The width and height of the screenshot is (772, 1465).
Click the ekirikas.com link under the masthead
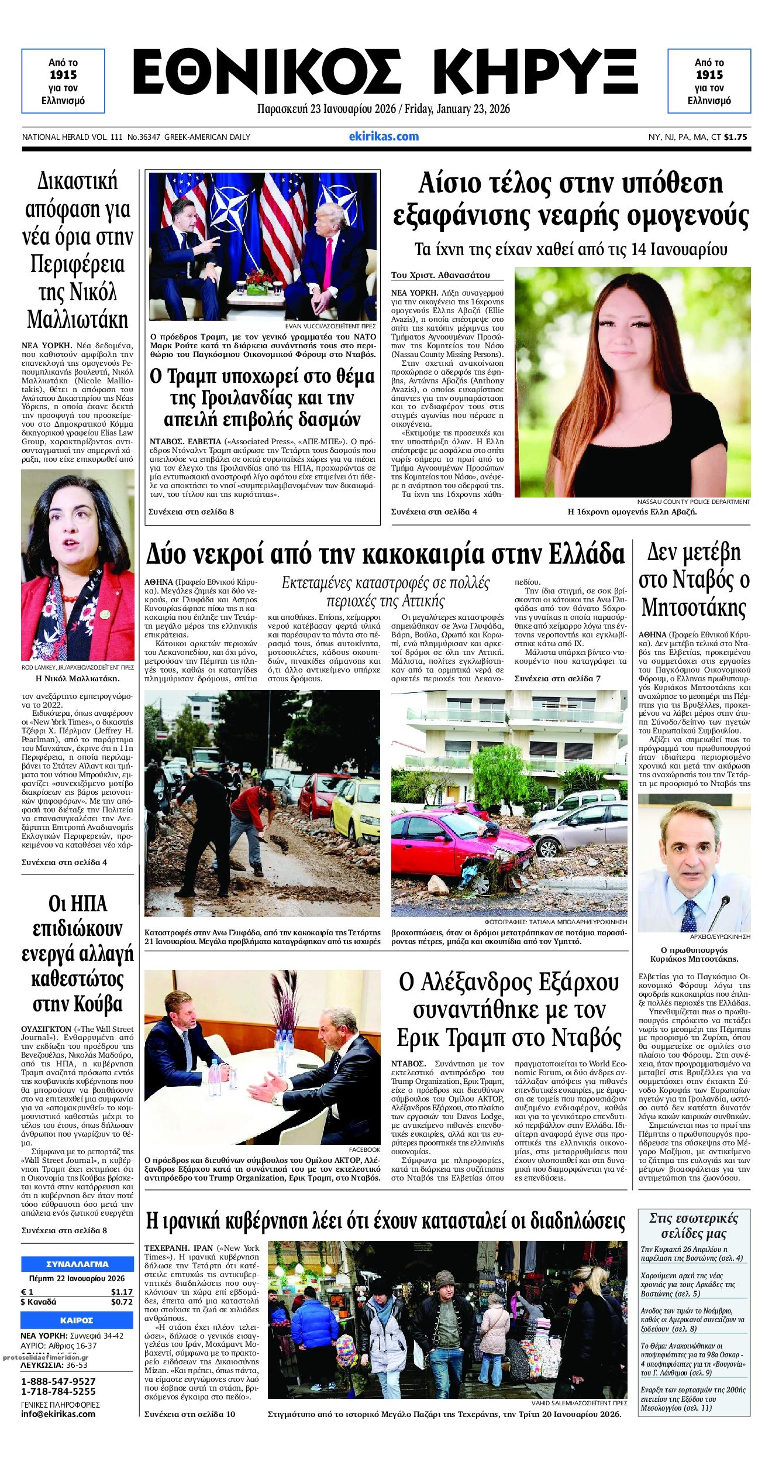pyautogui.click(x=384, y=136)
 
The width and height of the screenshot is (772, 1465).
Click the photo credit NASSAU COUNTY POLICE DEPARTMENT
pyautogui.click(x=693, y=502)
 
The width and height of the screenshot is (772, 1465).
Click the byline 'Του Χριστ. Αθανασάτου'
pyautogui.click(x=440, y=275)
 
